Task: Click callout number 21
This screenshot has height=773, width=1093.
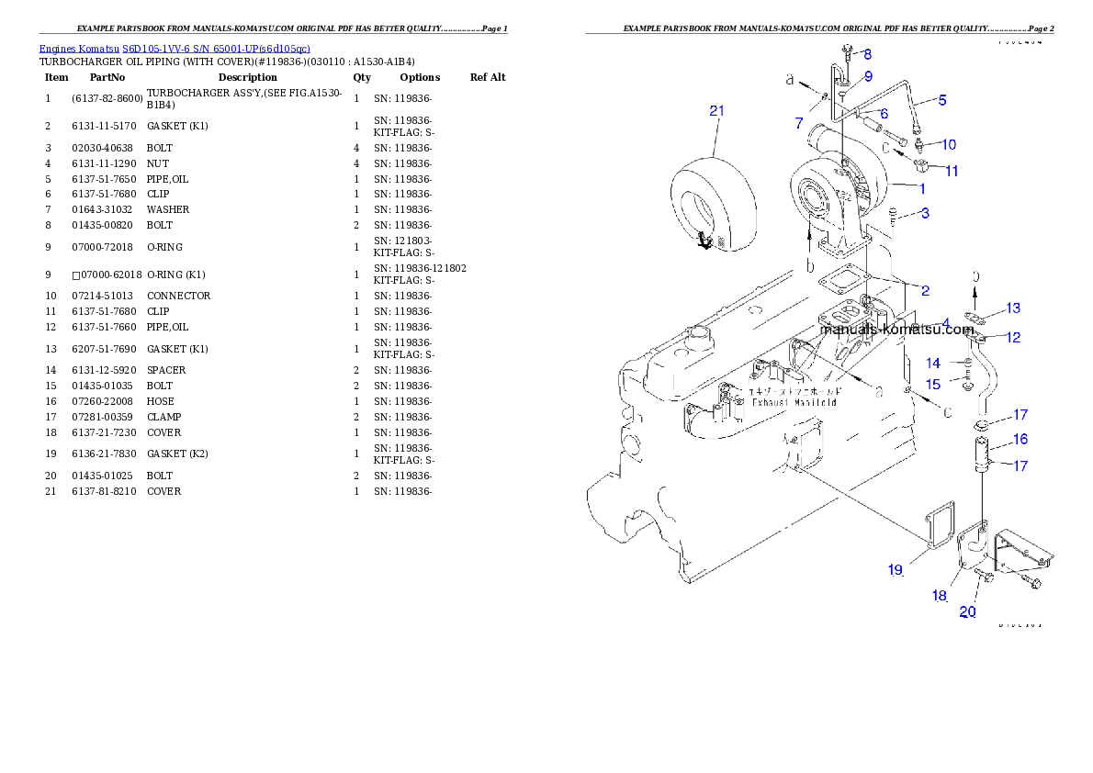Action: (x=716, y=111)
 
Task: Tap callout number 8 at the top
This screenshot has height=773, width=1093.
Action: (x=866, y=55)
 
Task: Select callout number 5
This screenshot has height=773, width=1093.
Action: (x=941, y=99)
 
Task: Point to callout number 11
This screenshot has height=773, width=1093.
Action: (x=952, y=171)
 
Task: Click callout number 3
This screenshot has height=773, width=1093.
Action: (x=925, y=213)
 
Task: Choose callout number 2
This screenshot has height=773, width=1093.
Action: (x=925, y=291)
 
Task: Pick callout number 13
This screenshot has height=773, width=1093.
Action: (x=1012, y=308)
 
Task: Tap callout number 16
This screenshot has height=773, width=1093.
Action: (x=1020, y=440)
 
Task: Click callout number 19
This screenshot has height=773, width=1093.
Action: (x=895, y=570)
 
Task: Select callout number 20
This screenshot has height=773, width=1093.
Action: (x=967, y=612)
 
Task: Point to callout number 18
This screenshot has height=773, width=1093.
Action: (x=939, y=596)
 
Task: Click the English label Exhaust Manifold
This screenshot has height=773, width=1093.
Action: (x=794, y=402)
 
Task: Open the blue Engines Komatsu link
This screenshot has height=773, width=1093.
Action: (x=175, y=48)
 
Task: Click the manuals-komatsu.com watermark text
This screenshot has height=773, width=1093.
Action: (x=899, y=329)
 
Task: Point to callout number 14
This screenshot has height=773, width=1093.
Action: (x=932, y=364)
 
